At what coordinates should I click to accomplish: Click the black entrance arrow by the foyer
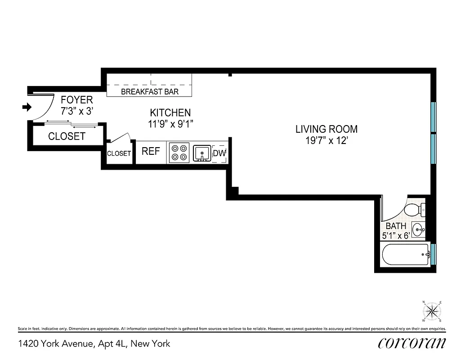[x=27, y=107]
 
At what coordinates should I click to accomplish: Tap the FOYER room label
[x=76, y=100]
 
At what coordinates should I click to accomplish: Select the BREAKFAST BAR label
[x=150, y=92]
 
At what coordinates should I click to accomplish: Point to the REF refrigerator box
[x=151, y=151]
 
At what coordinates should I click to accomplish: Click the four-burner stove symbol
[x=179, y=152]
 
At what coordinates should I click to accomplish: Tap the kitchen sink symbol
[x=202, y=153]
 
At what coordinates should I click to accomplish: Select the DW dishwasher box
[x=219, y=153]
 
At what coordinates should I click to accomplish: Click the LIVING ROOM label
[x=326, y=129]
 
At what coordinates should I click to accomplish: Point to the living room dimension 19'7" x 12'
[x=326, y=140]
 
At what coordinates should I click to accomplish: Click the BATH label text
[x=396, y=226]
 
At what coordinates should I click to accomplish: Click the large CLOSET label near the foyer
[x=67, y=136]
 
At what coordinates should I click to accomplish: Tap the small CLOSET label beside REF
[x=119, y=153]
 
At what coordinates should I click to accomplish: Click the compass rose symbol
[x=433, y=310]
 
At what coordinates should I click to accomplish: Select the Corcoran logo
[x=412, y=343]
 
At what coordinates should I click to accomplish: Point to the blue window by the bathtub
[x=433, y=253]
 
